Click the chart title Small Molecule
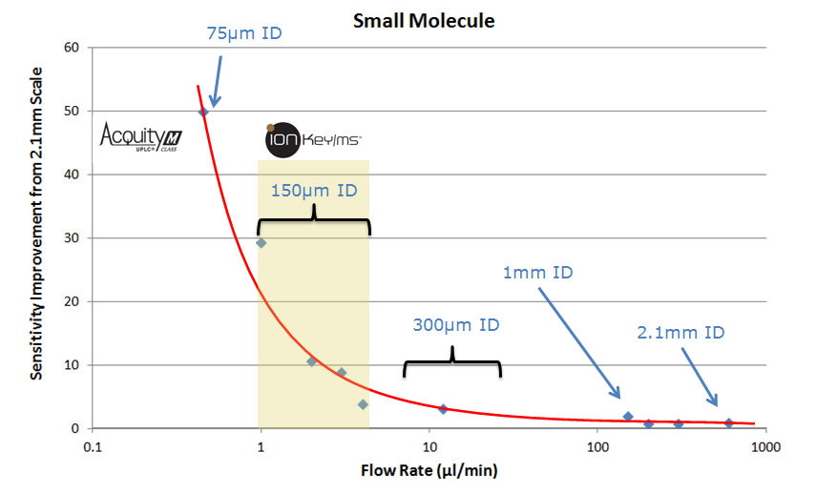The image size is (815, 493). [x=423, y=20]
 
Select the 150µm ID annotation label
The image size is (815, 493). [x=314, y=190]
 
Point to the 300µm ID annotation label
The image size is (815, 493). [x=456, y=324]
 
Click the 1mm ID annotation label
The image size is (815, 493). [x=537, y=273]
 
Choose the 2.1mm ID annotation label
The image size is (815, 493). [x=680, y=333]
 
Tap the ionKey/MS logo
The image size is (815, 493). [x=313, y=140]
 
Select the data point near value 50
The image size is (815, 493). [x=202, y=112]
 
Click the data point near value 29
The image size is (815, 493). [x=261, y=242]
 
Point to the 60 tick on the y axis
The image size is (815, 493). [x=71, y=47]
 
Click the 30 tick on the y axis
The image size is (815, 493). [x=71, y=237]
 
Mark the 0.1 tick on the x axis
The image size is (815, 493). [x=93, y=446]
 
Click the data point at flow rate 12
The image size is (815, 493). [x=443, y=409]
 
